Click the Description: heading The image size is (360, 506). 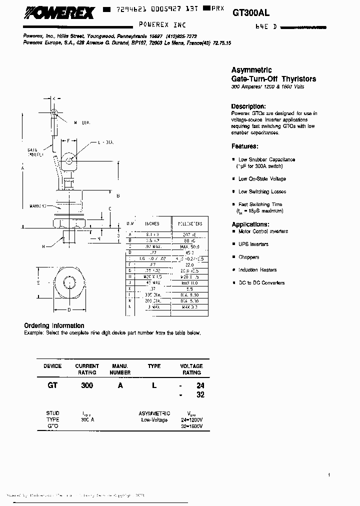247,106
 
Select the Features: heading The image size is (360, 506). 244,146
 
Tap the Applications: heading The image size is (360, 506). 250,224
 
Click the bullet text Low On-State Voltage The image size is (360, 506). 262,179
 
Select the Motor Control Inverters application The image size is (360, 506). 263,231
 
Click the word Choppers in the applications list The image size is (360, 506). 248,257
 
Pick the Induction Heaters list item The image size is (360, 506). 257,270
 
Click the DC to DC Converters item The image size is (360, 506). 261,283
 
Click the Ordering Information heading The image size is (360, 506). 54,326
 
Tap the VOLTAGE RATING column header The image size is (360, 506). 191,369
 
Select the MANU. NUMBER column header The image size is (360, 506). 120,369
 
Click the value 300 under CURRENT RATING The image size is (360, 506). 87,386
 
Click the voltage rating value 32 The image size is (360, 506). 200,394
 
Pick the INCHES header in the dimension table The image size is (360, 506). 152,224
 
